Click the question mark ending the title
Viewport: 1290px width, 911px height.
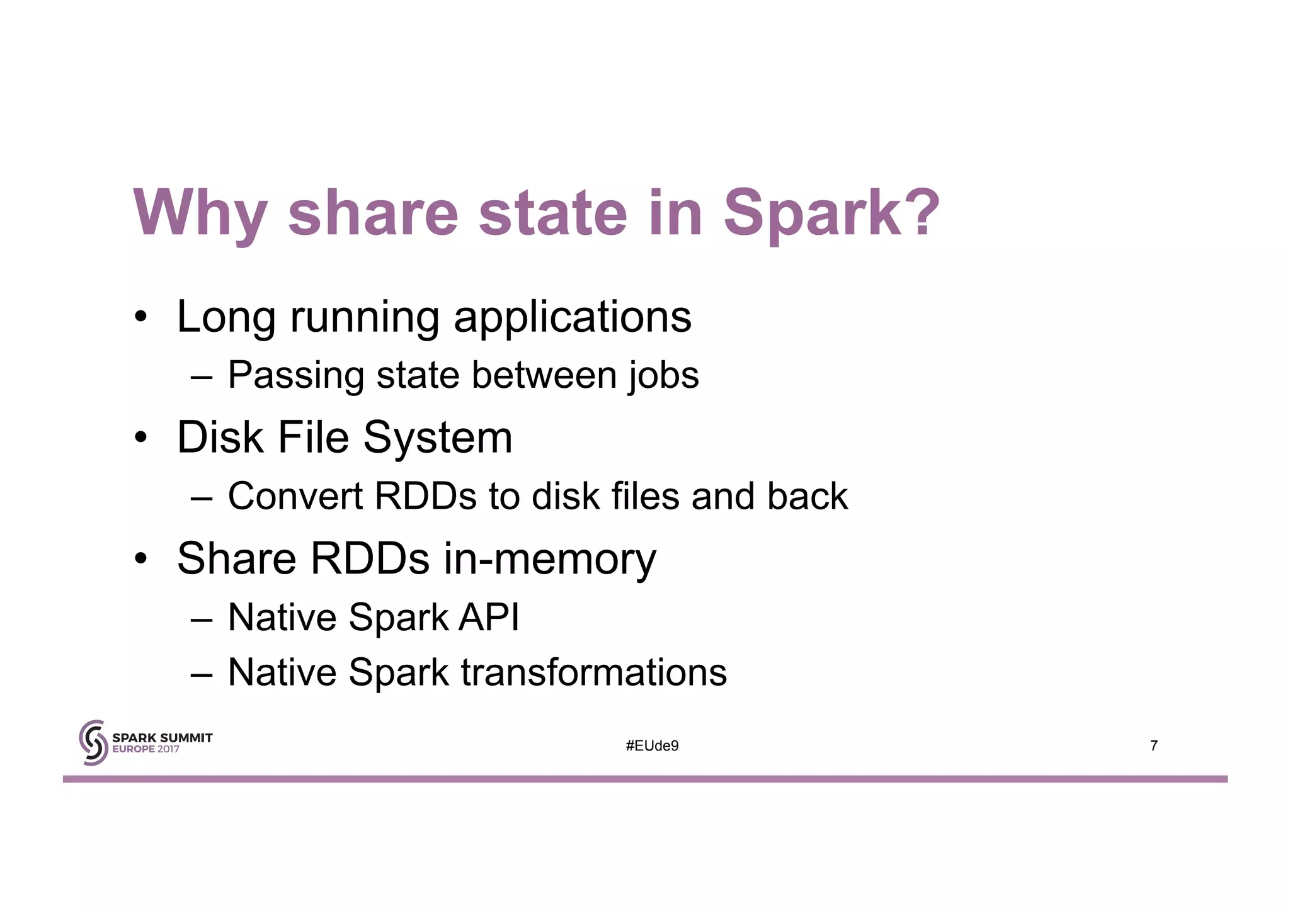922,213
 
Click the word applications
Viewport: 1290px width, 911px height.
572,318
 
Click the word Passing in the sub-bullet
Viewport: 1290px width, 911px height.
295,376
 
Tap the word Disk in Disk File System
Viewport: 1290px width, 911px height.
219,437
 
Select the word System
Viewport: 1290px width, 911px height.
438,438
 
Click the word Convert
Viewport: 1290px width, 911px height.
295,496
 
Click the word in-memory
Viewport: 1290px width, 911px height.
549,559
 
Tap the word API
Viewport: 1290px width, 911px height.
488,617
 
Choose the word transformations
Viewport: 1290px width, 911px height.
593,672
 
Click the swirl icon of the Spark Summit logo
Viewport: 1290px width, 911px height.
93,743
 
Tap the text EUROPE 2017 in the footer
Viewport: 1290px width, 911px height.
146,750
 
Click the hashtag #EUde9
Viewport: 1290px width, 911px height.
652,746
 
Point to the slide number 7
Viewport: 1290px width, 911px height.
1153,746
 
